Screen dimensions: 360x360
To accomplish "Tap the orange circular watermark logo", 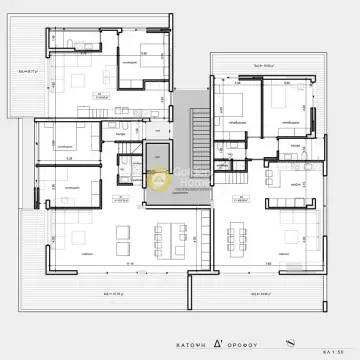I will click(158, 180).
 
